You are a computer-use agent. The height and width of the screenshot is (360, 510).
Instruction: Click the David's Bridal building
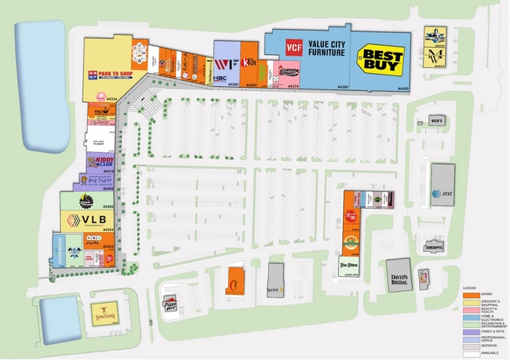399,275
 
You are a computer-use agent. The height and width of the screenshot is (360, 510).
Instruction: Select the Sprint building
275,280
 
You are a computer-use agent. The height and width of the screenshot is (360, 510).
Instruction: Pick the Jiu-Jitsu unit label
350,265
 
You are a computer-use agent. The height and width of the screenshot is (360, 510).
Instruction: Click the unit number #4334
111,99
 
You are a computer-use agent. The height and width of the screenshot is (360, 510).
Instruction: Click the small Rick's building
436,121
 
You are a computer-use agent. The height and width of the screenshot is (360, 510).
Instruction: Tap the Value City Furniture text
325,49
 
